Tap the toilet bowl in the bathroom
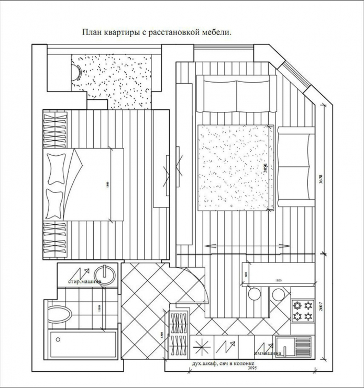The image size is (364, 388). click(59, 315)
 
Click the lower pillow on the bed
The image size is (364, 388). click(54, 203)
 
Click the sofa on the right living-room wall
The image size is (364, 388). click(295, 168)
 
